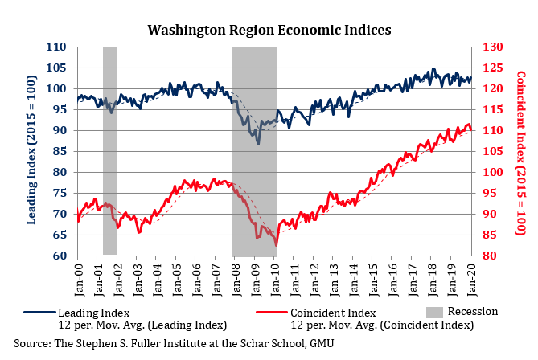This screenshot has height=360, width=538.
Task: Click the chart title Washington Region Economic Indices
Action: point(269,29)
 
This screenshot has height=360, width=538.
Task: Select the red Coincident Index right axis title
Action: point(520,151)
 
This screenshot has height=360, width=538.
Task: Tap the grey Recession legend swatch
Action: point(433,311)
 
